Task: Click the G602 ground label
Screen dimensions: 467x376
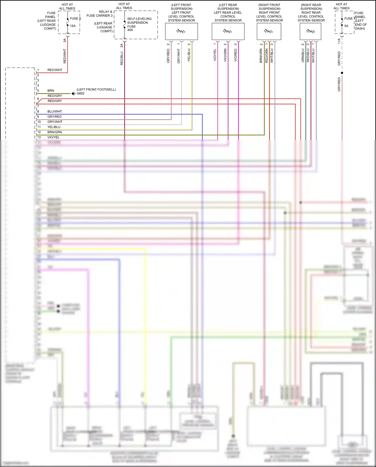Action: pyautogui.click(x=80, y=93)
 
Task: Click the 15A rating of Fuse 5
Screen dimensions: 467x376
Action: pyautogui.click(x=73, y=26)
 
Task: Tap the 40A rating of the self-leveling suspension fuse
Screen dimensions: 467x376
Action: pyautogui.click(x=130, y=30)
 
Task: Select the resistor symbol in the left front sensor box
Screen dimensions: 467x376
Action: pyautogui.click(x=181, y=31)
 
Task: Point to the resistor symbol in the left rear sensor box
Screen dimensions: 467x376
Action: pyautogui.click(x=227, y=31)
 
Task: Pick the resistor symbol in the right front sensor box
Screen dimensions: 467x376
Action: pyautogui.click(x=268, y=31)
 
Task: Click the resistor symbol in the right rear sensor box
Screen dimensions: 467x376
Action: pyautogui.click(x=311, y=31)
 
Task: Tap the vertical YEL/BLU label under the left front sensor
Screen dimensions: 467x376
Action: pyautogui.click(x=189, y=55)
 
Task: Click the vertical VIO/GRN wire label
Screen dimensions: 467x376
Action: pyautogui.click(x=225, y=55)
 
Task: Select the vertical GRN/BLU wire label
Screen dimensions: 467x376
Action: pyautogui.click(x=303, y=56)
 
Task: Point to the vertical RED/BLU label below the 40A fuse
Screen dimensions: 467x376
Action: pyautogui.click(x=122, y=58)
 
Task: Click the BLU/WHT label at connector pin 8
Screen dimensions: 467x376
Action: pyautogui.click(x=55, y=111)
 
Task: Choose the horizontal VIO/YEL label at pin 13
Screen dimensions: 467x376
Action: pyautogui.click(x=53, y=137)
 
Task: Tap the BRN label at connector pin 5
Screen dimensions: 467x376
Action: pyautogui.click(x=51, y=91)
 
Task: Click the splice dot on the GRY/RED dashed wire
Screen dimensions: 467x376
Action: pyautogui.click(x=342, y=73)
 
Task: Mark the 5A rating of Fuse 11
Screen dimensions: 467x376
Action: pyautogui.click(x=346, y=26)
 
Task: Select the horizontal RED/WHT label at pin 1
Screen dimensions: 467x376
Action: pyautogui.click(x=55, y=70)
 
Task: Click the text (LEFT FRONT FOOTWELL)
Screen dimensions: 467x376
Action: pyautogui.click(x=96, y=90)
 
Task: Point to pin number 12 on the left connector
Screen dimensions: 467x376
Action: pyautogui.click(x=39, y=132)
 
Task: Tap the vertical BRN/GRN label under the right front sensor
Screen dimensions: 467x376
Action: pyautogui.click(x=261, y=56)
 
